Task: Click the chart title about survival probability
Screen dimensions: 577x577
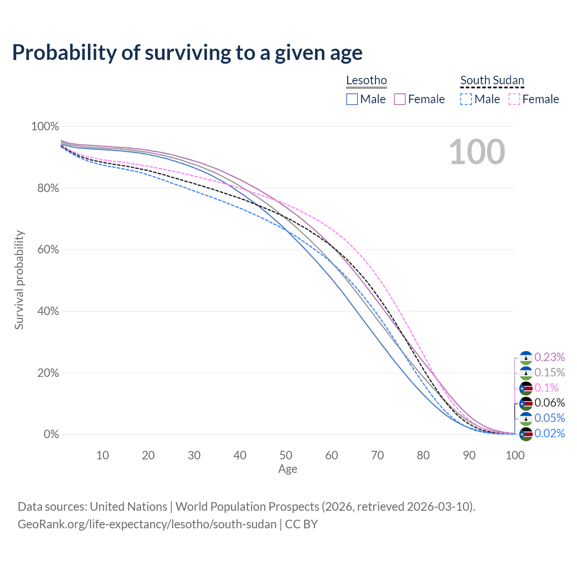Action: point(187,53)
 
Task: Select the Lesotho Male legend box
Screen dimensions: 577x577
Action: point(352,99)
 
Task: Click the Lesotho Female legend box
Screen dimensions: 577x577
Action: point(400,99)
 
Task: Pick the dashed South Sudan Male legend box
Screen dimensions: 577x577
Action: point(466,99)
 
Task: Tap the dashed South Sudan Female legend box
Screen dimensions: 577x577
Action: point(514,99)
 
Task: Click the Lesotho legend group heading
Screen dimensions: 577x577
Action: point(366,81)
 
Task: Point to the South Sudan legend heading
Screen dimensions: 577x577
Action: point(492,81)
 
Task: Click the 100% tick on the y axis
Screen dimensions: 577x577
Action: point(45,127)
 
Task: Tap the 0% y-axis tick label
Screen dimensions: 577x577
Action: point(51,435)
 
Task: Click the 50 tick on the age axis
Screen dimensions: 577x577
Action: point(286,455)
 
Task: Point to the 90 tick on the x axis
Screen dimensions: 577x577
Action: point(469,455)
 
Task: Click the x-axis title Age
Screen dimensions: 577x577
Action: point(288,469)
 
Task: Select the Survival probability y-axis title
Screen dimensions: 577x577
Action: point(19,280)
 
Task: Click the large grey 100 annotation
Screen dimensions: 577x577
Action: point(477,152)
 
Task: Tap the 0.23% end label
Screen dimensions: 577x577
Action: point(550,357)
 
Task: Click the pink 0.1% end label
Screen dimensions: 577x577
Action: point(546,388)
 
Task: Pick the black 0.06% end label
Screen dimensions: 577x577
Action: point(550,403)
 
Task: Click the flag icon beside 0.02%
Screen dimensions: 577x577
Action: point(526,434)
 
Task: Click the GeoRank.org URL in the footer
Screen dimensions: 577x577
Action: point(147,524)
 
